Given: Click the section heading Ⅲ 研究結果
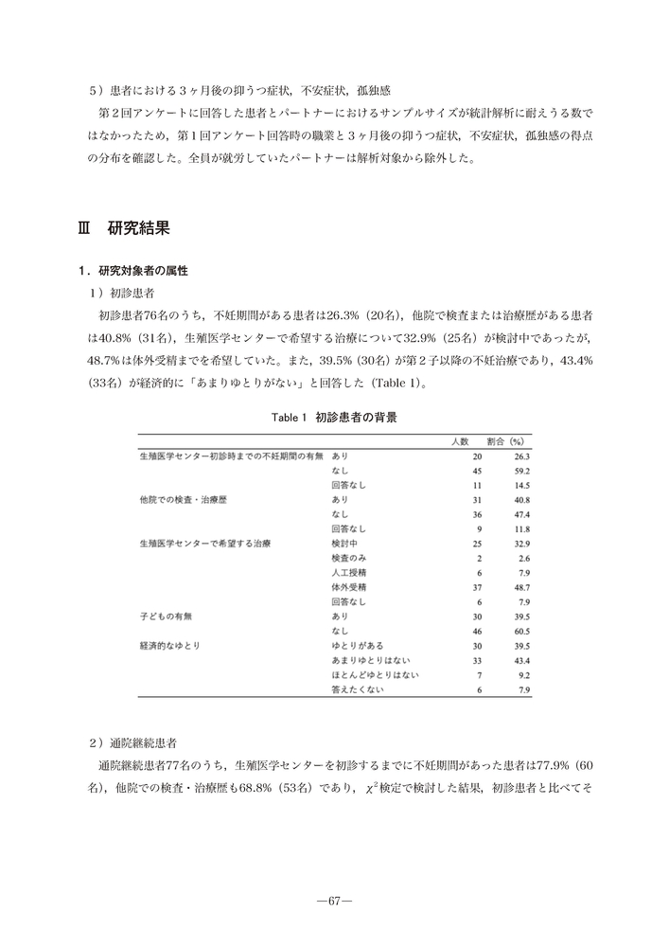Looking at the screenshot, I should coord(123,229).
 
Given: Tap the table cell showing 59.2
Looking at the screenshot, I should coord(519,470).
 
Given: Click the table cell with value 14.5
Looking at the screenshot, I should coord(519,485).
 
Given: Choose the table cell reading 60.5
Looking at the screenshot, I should coord(519,631).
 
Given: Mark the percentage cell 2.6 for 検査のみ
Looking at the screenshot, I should coord(521,558).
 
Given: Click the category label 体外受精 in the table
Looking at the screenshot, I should coord(348,587).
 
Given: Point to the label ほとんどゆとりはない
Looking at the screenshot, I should coord(375,674).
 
